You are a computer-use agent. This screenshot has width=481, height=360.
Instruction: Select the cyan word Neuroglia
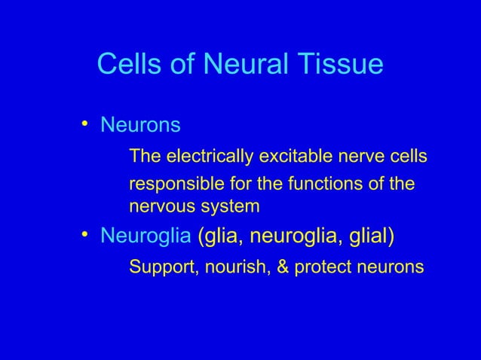pos(146,237)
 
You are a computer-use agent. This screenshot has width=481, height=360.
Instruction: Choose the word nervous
pos(157,206)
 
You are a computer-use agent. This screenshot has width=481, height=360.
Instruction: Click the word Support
pos(160,267)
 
